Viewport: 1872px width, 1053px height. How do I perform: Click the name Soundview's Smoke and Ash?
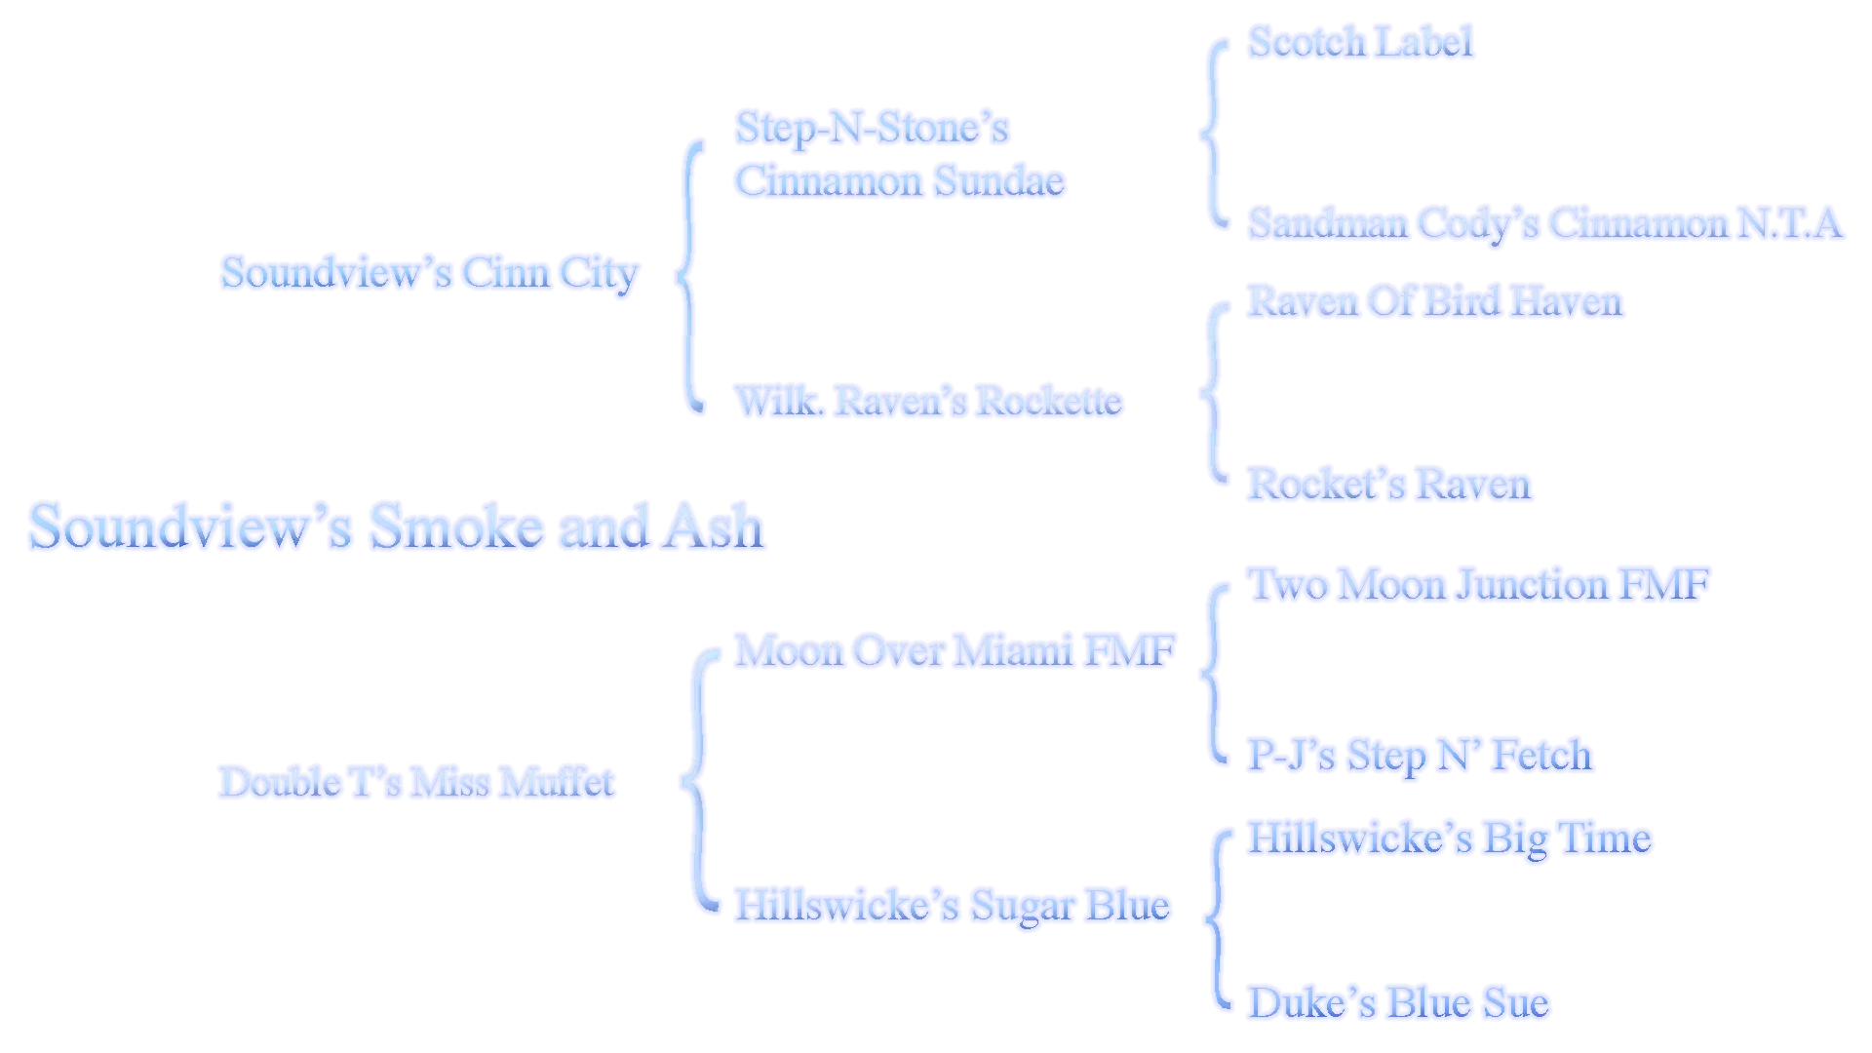tap(396, 526)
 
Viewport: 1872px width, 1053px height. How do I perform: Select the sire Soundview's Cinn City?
tap(430, 274)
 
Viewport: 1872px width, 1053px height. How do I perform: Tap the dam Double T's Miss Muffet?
tap(417, 782)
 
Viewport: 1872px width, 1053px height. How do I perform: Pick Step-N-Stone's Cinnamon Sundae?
tap(900, 155)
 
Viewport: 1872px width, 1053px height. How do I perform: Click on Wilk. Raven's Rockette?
tap(928, 401)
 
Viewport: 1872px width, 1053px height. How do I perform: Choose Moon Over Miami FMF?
tap(955, 650)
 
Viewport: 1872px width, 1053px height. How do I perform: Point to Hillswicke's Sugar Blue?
tap(952, 906)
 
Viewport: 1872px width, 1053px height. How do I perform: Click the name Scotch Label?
tap(1360, 42)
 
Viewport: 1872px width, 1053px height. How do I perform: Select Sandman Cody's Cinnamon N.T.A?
tap(1545, 223)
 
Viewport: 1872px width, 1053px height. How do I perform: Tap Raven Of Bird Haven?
tap(1435, 301)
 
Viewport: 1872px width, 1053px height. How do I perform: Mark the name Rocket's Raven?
tap(1389, 485)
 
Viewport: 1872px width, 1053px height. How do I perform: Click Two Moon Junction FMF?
tap(1479, 585)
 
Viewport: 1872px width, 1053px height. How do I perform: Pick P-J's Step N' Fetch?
tap(1421, 756)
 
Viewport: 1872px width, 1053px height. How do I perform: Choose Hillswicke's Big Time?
tap(1450, 838)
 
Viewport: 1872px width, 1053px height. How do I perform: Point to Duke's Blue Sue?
tap(1398, 1003)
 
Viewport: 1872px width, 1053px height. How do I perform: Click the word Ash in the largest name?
tap(713, 526)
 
